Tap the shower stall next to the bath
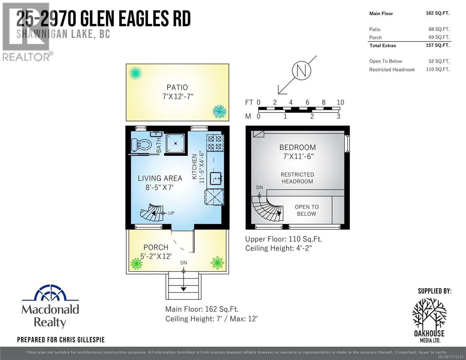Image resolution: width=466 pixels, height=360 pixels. point(175,143)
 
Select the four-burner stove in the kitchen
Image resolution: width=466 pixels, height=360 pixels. point(215,142)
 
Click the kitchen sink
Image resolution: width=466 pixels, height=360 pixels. point(215,178)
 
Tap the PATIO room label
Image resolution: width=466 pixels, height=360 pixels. point(177,87)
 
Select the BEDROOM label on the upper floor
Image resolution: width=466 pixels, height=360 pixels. point(297,147)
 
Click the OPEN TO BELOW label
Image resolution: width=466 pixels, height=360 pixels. point(306,210)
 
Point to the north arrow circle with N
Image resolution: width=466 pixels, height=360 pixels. point(301,70)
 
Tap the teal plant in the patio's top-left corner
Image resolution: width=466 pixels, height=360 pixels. point(135,73)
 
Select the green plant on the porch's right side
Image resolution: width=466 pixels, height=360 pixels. point(217,263)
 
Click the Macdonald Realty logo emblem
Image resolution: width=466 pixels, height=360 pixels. point(50,293)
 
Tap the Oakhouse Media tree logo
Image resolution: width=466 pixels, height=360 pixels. point(429,313)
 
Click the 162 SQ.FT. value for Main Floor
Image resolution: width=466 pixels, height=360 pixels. point(437,13)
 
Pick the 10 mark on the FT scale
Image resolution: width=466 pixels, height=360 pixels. point(340,102)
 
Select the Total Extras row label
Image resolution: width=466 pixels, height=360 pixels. point(383,46)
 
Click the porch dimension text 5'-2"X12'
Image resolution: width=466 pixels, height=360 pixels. point(156,256)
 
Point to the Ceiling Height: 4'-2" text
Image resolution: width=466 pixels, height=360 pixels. point(278,248)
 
